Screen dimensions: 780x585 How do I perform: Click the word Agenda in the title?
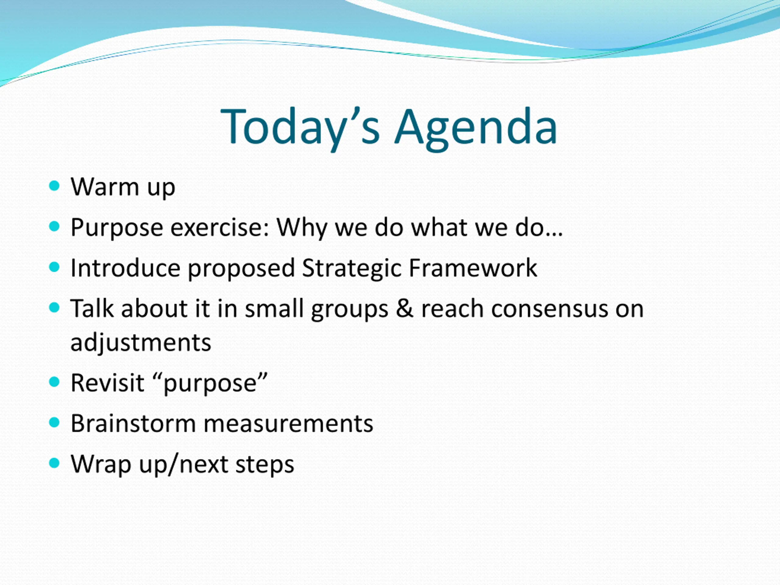[x=476, y=129]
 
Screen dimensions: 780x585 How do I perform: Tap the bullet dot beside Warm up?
[x=54, y=186]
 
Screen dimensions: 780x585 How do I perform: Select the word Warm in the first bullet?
[x=105, y=186]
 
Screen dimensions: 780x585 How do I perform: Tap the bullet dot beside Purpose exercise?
[x=54, y=226]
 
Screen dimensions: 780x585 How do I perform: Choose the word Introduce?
[x=126, y=268]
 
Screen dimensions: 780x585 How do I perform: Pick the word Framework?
[x=473, y=268]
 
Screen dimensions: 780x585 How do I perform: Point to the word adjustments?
[x=141, y=343]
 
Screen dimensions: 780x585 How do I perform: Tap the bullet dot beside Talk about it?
[x=54, y=307]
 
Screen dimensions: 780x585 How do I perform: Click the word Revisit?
[x=108, y=383]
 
